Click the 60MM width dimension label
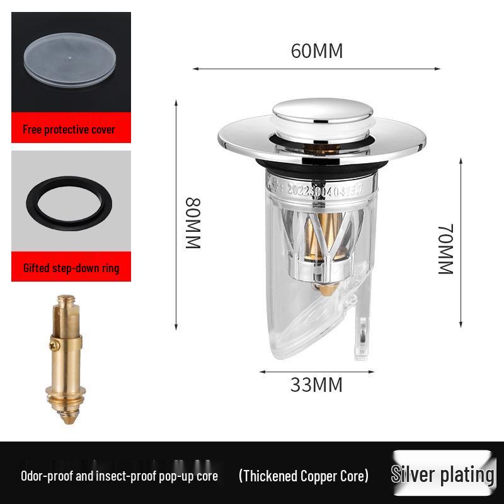(x=317, y=51)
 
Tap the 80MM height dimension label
(x=192, y=223)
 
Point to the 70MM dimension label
(x=446, y=248)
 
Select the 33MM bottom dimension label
(x=316, y=384)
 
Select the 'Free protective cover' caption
(x=69, y=130)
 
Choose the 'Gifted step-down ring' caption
(x=71, y=268)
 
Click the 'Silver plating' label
(x=442, y=474)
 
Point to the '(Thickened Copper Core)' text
(x=303, y=476)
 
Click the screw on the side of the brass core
(x=54, y=345)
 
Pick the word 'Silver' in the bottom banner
(x=416, y=474)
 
